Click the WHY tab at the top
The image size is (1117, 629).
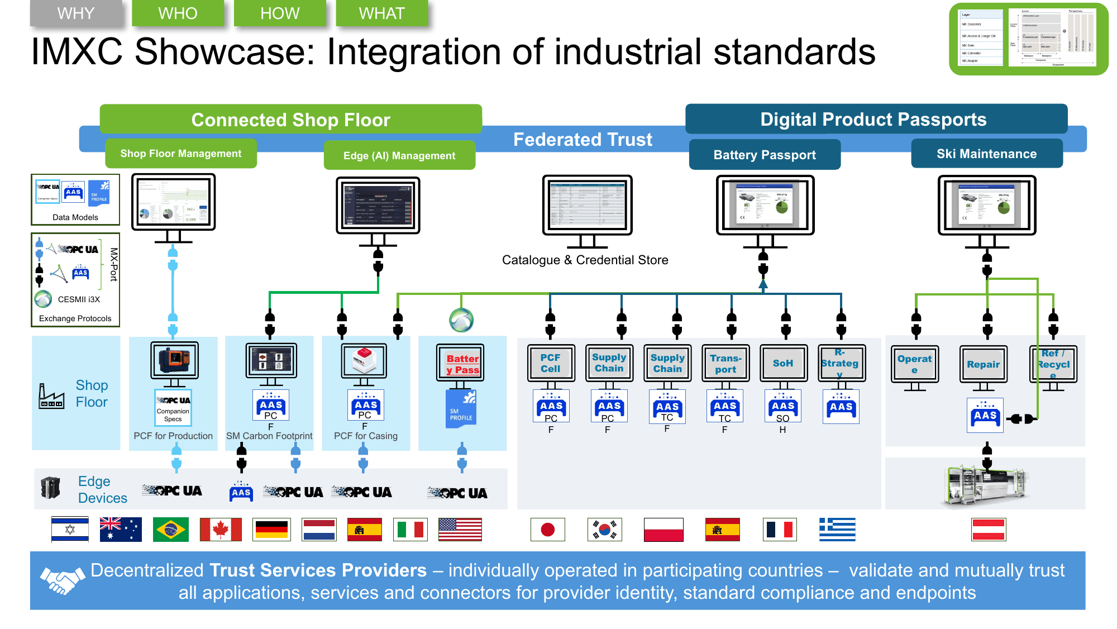[76, 13]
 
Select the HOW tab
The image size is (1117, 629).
[280, 13]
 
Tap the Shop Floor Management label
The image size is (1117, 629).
[181, 154]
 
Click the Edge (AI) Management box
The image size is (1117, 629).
[399, 156]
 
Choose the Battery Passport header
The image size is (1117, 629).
[765, 155]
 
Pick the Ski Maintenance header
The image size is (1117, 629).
[986, 154]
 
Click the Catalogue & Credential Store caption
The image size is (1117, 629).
[585, 260]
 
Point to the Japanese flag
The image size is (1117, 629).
[548, 530]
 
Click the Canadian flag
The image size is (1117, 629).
[221, 530]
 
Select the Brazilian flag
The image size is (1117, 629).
[170, 530]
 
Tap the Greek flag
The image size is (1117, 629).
[837, 530]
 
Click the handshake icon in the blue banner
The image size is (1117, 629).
[62, 580]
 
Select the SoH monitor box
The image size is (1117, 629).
[783, 363]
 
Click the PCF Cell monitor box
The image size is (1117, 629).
[550, 363]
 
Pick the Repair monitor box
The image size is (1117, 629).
[983, 364]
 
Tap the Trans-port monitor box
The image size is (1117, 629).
[725, 363]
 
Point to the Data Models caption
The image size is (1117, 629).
[75, 217]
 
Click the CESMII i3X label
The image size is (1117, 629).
[79, 299]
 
